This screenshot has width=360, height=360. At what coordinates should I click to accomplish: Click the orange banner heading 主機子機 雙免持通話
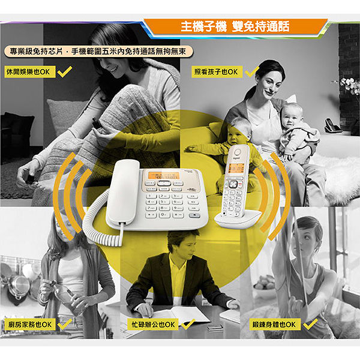tap(235, 26)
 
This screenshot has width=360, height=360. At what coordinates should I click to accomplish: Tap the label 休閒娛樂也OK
tap(30, 72)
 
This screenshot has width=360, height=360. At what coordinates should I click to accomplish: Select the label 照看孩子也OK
tap(217, 72)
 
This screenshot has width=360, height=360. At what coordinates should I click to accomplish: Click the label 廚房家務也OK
tap(30, 325)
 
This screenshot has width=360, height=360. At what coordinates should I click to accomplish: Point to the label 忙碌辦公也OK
tap(153, 325)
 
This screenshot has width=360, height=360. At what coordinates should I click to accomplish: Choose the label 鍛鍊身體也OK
tap(275, 325)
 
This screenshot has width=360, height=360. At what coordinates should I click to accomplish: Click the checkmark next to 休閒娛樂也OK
tap(65, 71)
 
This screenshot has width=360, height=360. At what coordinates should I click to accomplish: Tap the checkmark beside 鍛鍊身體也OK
tap(310, 324)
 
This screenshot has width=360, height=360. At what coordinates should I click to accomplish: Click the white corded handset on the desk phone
tap(123, 192)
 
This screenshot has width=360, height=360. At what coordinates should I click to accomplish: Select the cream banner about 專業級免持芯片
tap(98, 52)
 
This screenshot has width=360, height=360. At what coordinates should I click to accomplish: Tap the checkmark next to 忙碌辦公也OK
tap(188, 324)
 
